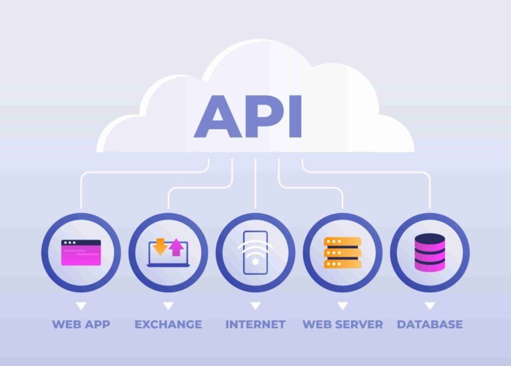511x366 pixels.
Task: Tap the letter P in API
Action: click(264, 116)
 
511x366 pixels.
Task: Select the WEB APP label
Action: click(81, 324)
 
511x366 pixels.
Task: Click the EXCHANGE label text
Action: click(168, 324)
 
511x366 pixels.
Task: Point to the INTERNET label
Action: click(256, 324)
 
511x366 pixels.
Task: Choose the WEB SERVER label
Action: click(342, 324)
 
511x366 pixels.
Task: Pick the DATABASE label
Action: click(430, 324)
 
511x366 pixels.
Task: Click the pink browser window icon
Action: click(81, 253)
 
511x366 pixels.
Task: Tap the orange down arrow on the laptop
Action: click(160, 246)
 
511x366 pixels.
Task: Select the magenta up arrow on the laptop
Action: click(177, 248)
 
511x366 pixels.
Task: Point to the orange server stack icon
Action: click(342, 253)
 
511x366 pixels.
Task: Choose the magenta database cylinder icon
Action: click(430, 253)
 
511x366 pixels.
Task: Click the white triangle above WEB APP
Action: click(81, 305)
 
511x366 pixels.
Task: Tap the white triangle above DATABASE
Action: click(430, 305)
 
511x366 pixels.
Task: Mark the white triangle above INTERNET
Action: click(256, 305)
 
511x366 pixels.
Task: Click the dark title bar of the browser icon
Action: click(81, 243)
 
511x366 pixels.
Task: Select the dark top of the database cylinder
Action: click(430, 240)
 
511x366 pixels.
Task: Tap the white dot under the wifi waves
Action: click(256, 261)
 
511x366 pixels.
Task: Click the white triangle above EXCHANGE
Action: click(168, 305)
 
